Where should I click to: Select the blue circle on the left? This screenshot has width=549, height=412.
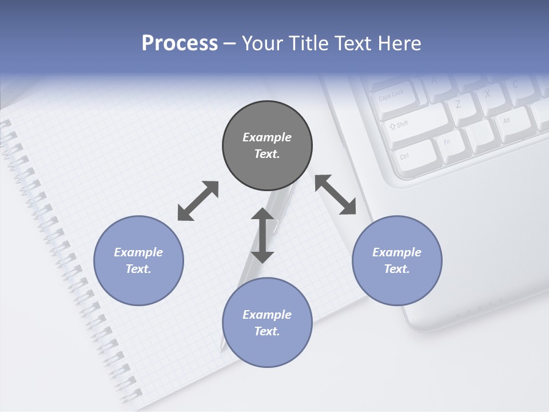pyautogui.click(x=138, y=260)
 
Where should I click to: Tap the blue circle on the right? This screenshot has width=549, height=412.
pyautogui.click(x=397, y=260)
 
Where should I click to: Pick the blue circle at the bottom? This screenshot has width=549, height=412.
pyautogui.click(x=267, y=322)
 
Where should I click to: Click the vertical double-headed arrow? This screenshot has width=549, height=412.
pyautogui.click(x=262, y=235)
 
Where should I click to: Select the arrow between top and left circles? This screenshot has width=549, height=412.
pyautogui.click(x=198, y=201)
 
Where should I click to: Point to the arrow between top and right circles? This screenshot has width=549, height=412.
pyautogui.click(x=335, y=195)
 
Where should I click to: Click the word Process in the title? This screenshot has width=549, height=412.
pyautogui.click(x=180, y=43)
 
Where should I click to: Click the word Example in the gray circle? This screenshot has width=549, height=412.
pyautogui.click(x=267, y=137)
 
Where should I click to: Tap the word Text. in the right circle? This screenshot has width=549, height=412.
pyautogui.click(x=397, y=269)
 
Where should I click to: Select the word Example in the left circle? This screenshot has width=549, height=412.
pyautogui.click(x=138, y=252)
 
